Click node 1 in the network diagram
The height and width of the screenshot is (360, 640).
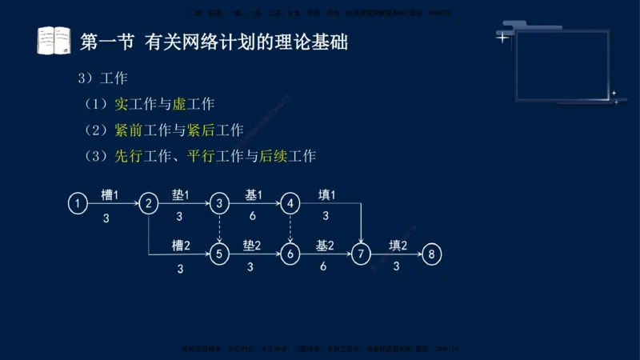coord(77,204)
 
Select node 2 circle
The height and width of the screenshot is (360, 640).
coord(148,204)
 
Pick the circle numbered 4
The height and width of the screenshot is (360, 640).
coord(290,204)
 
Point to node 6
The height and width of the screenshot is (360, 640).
coord(290,254)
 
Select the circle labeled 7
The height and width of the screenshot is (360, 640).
coord(362,254)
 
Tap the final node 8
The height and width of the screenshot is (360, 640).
coord(432,254)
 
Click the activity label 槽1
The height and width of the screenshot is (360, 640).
coord(110,194)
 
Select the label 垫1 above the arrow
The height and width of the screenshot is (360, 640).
coord(180,194)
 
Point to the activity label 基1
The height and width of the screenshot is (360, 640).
coord(253,194)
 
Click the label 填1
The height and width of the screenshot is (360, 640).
coord(326,194)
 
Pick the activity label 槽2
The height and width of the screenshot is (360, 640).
coord(181,246)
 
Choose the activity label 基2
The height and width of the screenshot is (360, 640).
coord(324,246)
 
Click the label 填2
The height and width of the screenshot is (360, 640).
coord(398,246)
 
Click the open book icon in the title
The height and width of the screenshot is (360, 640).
coord(54,40)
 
